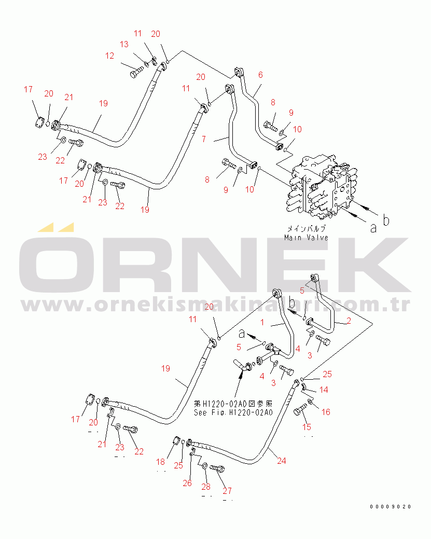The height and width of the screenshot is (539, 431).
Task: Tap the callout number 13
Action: pos(124,44)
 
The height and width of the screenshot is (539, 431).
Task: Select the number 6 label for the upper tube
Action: pos(260,74)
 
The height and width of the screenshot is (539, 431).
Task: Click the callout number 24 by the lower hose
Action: pos(281,460)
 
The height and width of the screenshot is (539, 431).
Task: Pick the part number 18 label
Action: pos(161,462)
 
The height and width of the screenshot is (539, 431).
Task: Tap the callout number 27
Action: pos(227,490)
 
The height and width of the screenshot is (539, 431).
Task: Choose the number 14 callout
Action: pos(324,389)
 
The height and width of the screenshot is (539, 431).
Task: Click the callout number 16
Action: pos(326,412)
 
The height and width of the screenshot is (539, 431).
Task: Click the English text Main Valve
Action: pos(306,237)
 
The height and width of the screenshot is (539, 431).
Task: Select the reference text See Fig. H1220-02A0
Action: pos(233,412)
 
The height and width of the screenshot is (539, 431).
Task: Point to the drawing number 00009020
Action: pos(391,506)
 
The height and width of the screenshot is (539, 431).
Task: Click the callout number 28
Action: pos(206,486)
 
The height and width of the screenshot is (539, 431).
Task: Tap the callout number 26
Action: pos(187,483)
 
